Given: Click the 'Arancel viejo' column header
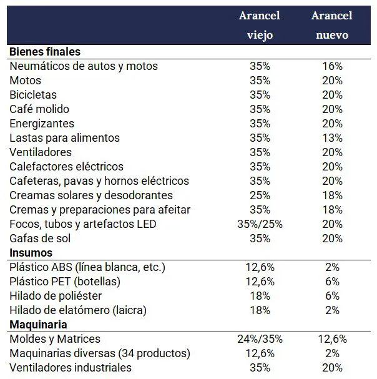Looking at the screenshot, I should click(259, 25).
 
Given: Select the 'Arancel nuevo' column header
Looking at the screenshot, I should click(332, 25).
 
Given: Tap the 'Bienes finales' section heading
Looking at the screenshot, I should click(45, 51).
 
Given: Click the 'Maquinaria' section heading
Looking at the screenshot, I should click(39, 325).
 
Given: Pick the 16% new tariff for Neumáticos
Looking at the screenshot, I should click(332, 66).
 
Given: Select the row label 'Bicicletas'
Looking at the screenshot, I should click(33, 95).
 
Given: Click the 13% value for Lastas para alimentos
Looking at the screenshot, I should click(332, 138).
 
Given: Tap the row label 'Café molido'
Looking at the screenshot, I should click(38, 109).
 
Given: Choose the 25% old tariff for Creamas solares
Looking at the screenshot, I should click(260, 195).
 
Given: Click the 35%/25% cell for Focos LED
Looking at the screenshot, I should click(260, 224).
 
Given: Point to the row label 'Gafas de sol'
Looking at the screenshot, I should click(40, 239).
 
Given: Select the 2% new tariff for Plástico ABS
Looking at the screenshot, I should click(332, 267).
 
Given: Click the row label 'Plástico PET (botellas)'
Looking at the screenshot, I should click(73, 282).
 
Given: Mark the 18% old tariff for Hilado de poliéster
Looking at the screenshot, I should click(260, 296).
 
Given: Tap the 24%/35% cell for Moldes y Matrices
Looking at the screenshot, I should click(260, 339).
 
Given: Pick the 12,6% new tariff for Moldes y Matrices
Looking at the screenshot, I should click(332, 339).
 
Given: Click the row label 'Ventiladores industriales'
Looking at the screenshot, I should click(71, 368).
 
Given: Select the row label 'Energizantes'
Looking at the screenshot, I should click(42, 124).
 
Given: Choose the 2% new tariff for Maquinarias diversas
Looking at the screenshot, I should click(332, 353).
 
